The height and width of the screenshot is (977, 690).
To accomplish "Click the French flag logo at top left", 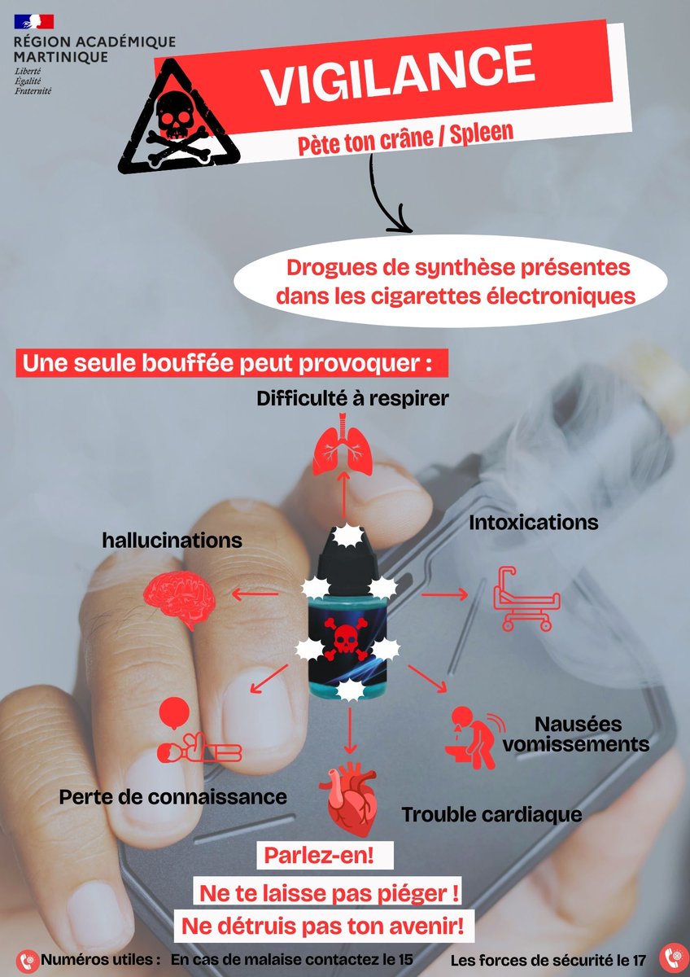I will [33, 22].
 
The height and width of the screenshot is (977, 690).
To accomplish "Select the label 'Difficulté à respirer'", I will [353, 399].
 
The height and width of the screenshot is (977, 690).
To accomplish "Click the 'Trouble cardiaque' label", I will [491, 814].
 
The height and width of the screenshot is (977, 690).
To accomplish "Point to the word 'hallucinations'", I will [172, 540].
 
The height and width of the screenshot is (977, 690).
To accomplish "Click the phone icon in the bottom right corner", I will [673, 957].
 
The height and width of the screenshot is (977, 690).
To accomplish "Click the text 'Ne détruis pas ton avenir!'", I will [323, 925].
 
